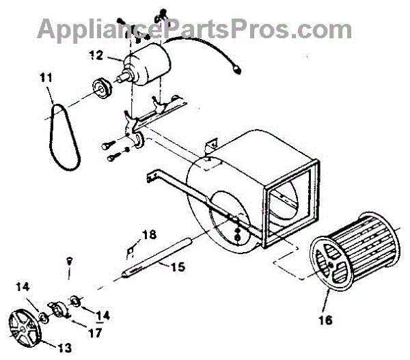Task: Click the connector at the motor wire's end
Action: [x=237, y=67]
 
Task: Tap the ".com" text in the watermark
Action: [x=320, y=29]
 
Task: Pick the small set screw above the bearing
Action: [x=69, y=260]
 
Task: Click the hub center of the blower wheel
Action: [x=331, y=263]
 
